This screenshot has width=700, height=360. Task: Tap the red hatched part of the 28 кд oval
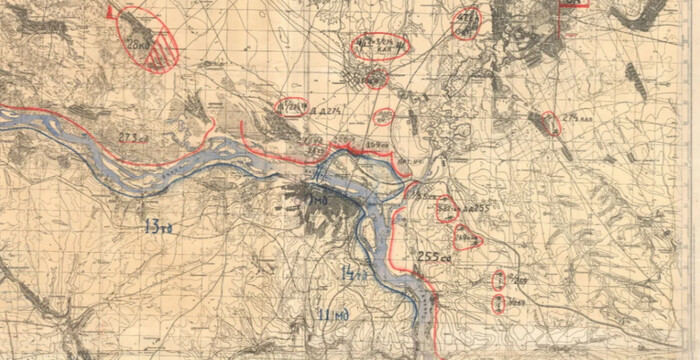click(x=158, y=58)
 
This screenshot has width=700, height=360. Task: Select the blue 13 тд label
click(x=158, y=227)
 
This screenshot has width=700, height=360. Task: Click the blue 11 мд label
click(x=332, y=316)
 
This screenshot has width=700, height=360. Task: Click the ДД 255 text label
click(x=473, y=208)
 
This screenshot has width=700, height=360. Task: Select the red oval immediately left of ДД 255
click(x=447, y=209)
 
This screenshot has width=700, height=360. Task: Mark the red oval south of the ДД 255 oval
click(x=467, y=238)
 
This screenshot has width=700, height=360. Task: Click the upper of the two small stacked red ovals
click(x=498, y=282)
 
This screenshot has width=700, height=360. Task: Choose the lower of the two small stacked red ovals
click(x=498, y=304)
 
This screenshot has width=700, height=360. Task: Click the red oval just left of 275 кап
click(x=551, y=124)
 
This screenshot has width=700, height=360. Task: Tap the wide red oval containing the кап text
click(x=381, y=46)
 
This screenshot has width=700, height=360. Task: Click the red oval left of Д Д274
click(x=291, y=107)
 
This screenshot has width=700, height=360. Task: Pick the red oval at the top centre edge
click(x=465, y=22)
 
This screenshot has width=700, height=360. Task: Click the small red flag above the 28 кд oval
click(x=110, y=12)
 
